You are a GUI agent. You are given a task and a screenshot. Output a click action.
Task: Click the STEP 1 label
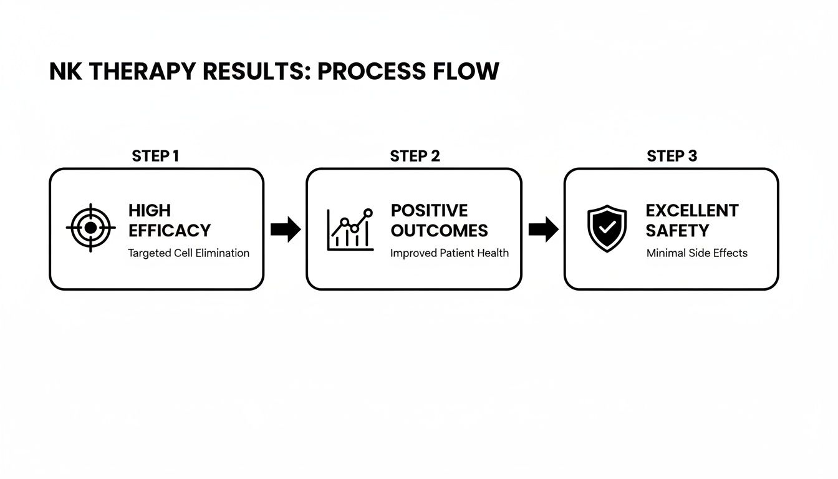click(x=155, y=156)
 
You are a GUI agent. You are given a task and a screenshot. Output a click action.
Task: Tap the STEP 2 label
click(x=415, y=156)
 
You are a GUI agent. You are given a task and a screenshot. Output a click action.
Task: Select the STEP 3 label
click(x=672, y=156)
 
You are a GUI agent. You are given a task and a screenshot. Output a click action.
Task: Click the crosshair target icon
click(x=90, y=228)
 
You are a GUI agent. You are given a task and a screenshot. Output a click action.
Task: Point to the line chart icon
click(x=350, y=230)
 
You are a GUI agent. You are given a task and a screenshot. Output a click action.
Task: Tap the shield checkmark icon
click(x=607, y=229)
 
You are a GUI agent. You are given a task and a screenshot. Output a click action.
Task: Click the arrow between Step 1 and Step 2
click(x=286, y=230)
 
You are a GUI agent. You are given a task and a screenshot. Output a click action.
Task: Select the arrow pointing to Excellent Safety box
click(x=543, y=230)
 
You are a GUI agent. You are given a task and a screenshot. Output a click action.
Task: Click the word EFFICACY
click(x=170, y=231)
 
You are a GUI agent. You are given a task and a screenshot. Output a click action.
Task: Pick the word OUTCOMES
click(x=439, y=231)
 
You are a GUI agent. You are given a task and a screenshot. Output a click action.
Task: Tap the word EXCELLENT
click(x=692, y=211)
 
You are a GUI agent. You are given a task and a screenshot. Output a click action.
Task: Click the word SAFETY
click(x=677, y=231)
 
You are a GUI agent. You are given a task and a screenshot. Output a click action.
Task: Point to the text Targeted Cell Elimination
click(x=188, y=253)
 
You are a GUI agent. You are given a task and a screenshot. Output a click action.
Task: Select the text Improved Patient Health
click(x=449, y=253)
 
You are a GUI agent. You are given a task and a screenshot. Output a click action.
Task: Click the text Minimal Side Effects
click(x=696, y=253)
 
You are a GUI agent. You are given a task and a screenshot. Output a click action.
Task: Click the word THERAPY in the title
click(x=143, y=72)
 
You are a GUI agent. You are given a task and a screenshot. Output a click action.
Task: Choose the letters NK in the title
click(x=65, y=72)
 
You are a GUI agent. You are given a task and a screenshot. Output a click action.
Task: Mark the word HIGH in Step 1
click(x=150, y=211)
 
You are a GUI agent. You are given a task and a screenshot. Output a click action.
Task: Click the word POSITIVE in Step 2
click(x=429, y=211)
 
